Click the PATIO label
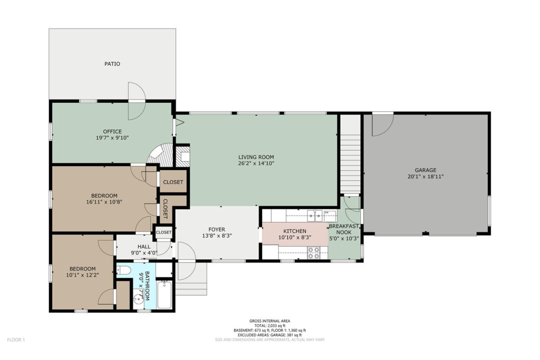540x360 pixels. [x=112, y=64]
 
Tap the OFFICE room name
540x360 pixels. [x=112, y=131]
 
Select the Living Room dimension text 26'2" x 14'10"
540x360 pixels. [x=256, y=163]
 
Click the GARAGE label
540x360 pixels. [x=426, y=170]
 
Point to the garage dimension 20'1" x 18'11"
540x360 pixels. [x=426, y=177]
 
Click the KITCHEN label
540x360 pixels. [x=295, y=231]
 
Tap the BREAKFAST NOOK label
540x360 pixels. [x=344, y=229]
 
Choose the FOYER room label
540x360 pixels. [x=217, y=230]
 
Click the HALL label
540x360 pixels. [x=144, y=247]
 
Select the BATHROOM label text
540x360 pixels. [x=148, y=286]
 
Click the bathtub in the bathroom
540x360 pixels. [x=165, y=295]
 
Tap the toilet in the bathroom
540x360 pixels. [x=123, y=270]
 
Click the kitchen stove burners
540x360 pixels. [x=314, y=253]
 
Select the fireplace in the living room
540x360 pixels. [x=183, y=156]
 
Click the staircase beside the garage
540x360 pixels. [x=350, y=155]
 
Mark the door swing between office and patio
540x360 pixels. [x=137, y=101]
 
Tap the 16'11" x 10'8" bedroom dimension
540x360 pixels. [x=104, y=202]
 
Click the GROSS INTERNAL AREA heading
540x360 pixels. [x=269, y=321]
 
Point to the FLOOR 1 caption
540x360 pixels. [x=16, y=340]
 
